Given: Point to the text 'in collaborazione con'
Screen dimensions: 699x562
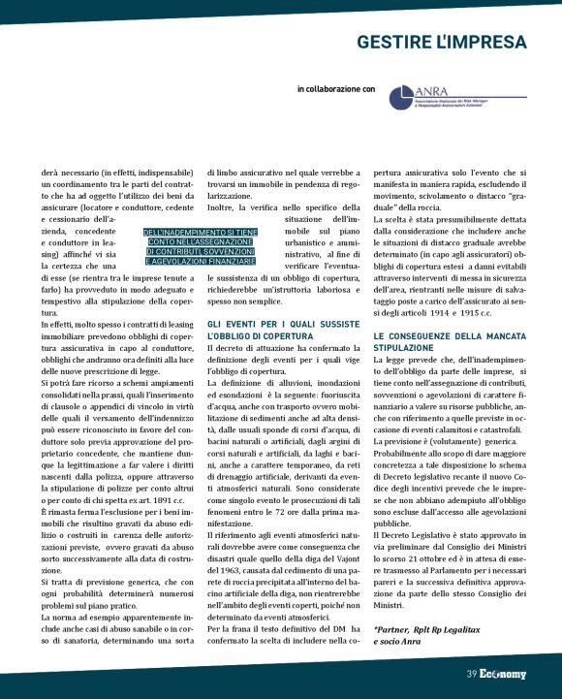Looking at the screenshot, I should (336, 88).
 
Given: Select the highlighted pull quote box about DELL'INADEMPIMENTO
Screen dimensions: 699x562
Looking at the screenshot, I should (200, 247).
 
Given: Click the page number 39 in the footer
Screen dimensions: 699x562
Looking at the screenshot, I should (470, 675).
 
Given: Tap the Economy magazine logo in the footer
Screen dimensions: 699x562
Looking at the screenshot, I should (503, 675).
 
